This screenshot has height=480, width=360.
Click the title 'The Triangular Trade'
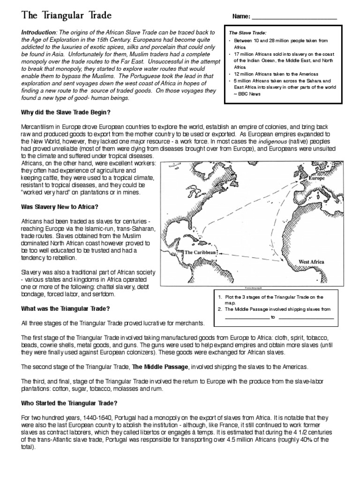coord(66,15)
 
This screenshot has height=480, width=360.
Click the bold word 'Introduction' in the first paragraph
coord(39,32)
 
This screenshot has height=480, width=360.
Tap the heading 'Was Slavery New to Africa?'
coord(58,207)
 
